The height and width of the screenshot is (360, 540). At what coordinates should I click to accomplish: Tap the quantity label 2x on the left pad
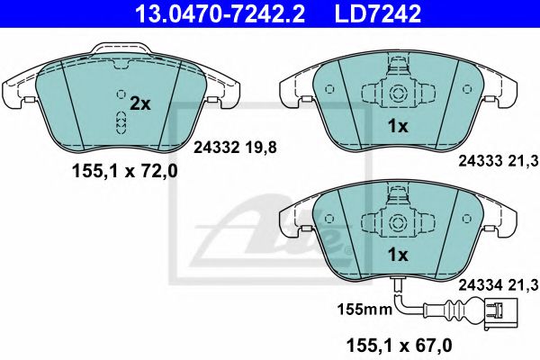point(139,104)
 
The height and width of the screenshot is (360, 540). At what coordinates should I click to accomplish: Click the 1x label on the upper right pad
point(397,127)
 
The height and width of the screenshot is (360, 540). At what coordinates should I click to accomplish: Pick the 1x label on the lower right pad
point(397,255)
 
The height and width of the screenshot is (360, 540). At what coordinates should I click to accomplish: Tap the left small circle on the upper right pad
point(329,89)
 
